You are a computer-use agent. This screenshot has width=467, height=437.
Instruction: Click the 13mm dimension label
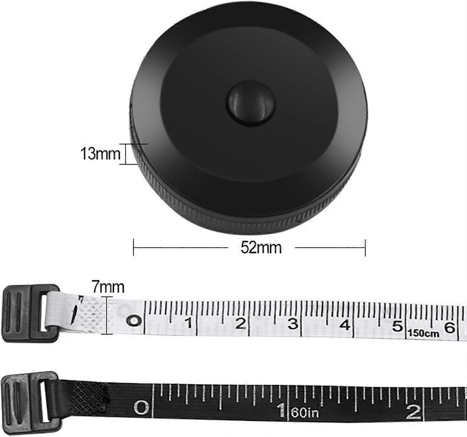(100, 154)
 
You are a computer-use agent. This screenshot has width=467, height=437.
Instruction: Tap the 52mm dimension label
(261, 248)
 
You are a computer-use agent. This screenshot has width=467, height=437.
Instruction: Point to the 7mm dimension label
(108, 287)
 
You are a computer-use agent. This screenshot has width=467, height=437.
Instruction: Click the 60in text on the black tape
(305, 413)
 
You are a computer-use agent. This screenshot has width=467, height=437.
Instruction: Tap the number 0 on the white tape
(134, 320)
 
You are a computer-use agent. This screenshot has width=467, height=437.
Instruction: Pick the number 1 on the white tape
(189, 323)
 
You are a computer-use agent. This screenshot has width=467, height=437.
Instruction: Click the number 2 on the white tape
(241, 324)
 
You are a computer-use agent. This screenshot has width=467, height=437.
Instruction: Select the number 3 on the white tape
(293, 324)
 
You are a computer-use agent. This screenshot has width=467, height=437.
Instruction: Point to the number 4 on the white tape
(345, 325)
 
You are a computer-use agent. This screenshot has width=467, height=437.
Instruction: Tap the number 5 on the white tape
(397, 326)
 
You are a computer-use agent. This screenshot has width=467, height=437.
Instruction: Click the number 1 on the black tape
(282, 410)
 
